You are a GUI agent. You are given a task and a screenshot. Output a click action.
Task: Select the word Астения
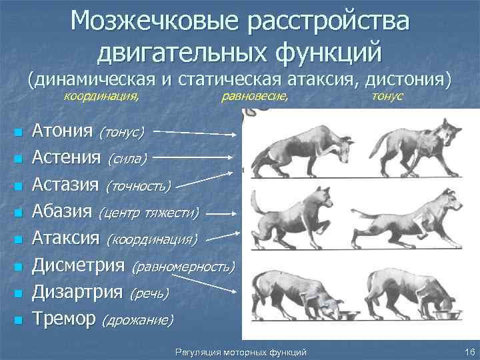pos(65,157)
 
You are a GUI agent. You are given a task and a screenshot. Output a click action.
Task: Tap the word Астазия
pos(65,184)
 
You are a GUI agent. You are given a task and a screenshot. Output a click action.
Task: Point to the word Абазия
pos(61,211)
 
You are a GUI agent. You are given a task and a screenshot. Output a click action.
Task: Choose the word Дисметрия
pos(78,265)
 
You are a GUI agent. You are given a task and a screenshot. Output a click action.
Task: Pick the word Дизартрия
pos(77,292)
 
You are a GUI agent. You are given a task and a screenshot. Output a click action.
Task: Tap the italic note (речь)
pos(149,293)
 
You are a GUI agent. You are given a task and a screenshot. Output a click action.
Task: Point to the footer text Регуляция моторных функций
pos(239,351)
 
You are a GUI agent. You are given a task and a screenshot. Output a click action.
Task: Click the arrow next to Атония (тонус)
pos(201,133)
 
